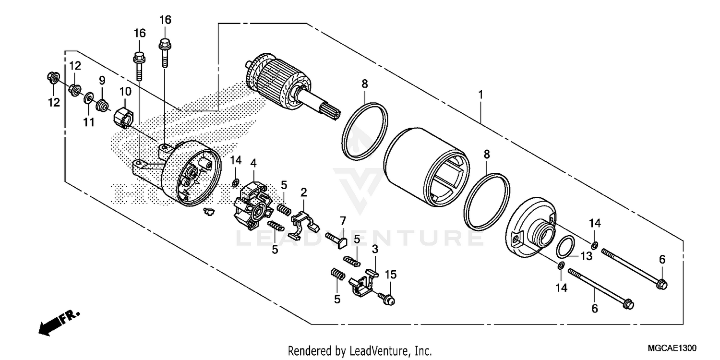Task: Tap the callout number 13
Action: coord(586,257)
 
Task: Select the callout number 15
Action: coord(391,275)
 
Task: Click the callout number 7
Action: coord(342,221)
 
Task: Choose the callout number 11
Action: coord(88,122)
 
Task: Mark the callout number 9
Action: coord(102,80)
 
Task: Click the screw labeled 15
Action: coord(387,299)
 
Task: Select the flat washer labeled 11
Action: coord(88,99)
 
